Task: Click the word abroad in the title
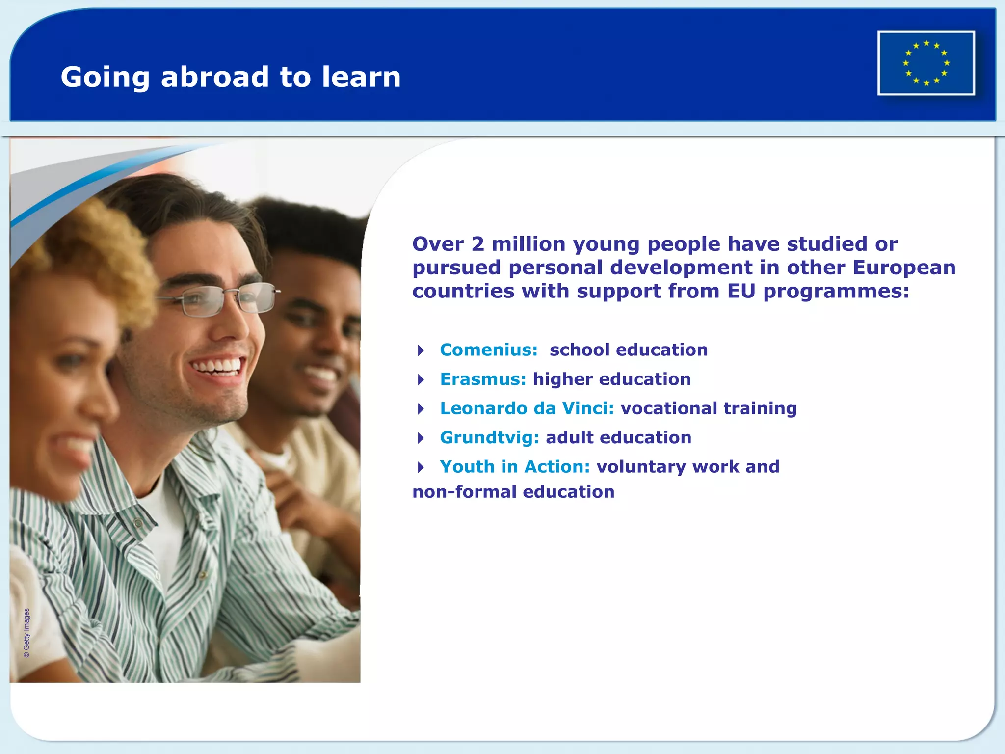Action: (x=215, y=77)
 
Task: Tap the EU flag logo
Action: (x=926, y=63)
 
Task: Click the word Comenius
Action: (x=488, y=350)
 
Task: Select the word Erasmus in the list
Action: (x=482, y=379)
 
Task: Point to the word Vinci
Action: (x=587, y=408)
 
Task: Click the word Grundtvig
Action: (x=489, y=438)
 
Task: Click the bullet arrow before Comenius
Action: (x=421, y=350)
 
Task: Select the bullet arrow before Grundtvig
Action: (x=421, y=438)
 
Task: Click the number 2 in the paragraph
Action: (x=477, y=244)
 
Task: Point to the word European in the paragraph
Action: (x=904, y=268)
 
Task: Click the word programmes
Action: (x=836, y=292)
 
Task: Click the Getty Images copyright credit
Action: (x=26, y=633)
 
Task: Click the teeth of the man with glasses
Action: (x=217, y=366)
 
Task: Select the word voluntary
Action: (x=641, y=467)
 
